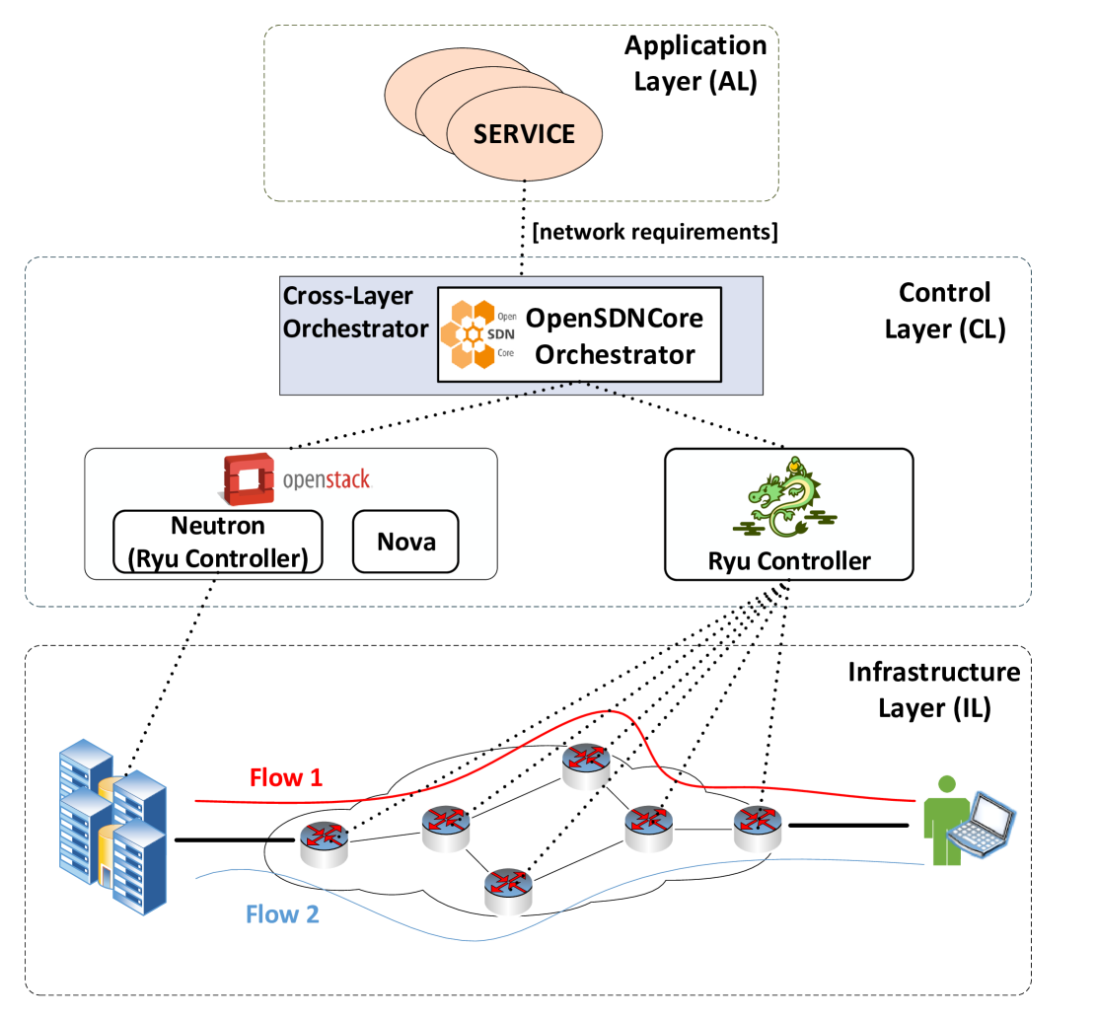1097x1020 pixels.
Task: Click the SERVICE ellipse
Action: (524, 133)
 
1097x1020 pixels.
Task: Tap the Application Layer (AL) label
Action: (695, 64)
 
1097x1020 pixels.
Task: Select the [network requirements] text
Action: (655, 232)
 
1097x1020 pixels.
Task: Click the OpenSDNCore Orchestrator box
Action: (579, 334)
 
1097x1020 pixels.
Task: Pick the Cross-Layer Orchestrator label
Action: (355, 312)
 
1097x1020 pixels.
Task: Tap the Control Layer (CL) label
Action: (944, 311)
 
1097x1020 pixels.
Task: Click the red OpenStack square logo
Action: (249, 479)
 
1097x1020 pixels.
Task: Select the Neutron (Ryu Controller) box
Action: (218, 543)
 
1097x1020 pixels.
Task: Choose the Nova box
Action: (405, 542)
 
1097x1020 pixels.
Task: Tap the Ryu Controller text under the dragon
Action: (789, 561)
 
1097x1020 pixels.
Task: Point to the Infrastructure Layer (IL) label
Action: (934, 690)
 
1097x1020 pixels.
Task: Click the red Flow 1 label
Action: (286, 777)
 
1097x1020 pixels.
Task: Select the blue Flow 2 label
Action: (282, 914)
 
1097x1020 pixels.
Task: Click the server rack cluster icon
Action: (113, 827)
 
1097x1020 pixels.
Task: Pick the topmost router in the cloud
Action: (586, 766)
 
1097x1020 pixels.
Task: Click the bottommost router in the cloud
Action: (509, 891)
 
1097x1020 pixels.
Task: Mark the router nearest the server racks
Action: (324, 843)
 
